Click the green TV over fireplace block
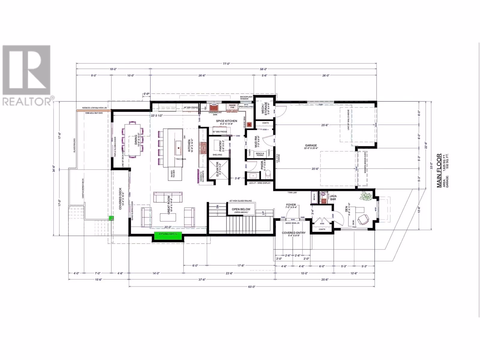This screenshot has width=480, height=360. pyautogui.click(x=168, y=236)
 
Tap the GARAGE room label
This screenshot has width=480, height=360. pyautogui.click(x=311, y=145)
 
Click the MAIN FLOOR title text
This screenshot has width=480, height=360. pyautogui.click(x=439, y=170)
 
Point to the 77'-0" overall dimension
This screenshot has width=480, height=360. pyautogui.click(x=226, y=64)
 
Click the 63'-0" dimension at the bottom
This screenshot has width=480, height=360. pyautogui.click(x=251, y=286)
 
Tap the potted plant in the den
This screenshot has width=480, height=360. pyautogui.click(x=366, y=196)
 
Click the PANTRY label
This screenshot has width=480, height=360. pyautogui.click(x=220, y=145)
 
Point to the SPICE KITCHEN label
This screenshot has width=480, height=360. pyautogui.click(x=226, y=121)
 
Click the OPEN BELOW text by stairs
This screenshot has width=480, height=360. pyautogui.click(x=241, y=209)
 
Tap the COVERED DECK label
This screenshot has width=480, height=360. pyautogui.click(x=120, y=199)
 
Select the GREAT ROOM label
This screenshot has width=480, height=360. pyautogui.click(x=169, y=205)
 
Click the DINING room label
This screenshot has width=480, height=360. pyautogui.click(x=136, y=139)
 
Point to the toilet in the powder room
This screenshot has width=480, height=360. pyautogui.click(x=268, y=175)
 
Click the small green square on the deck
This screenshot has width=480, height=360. pyautogui.click(x=111, y=218)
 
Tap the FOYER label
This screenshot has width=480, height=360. pyautogui.click(x=291, y=205)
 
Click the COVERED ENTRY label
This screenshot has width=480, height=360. pyautogui.click(x=293, y=233)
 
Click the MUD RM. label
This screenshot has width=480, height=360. pyautogui.click(x=256, y=141)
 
